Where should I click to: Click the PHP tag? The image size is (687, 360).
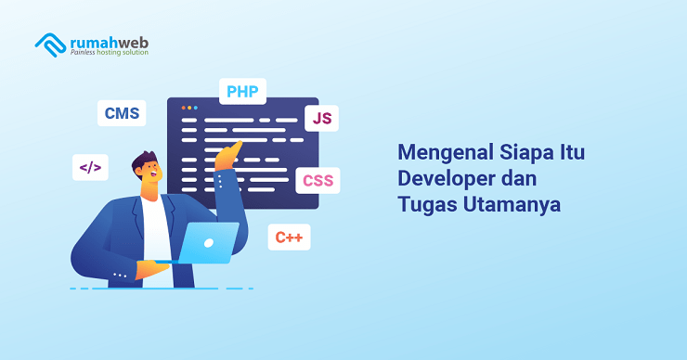pyautogui.click(x=242, y=91)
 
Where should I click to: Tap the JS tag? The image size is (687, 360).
pyautogui.click(x=321, y=118)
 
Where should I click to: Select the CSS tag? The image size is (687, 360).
pyautogui.click(x=318, y=180)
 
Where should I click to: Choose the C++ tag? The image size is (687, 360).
pyautogui.click(x=289, y=238)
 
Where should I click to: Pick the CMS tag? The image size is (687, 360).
pyautogui.click(x=122, y=113)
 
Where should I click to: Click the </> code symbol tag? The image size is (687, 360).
pyautogui.click(x=90, y=168)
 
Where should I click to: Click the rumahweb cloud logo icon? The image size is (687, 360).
pyautogui.click(x=49, y=43)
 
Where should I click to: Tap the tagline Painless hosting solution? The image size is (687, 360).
pyautogui.click(x=108, y=53)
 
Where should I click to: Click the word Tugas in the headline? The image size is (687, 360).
pyautogui.click(x=425, y=204)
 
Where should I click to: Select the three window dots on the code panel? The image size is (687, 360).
pyautogui.click(x=188, y=108)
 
